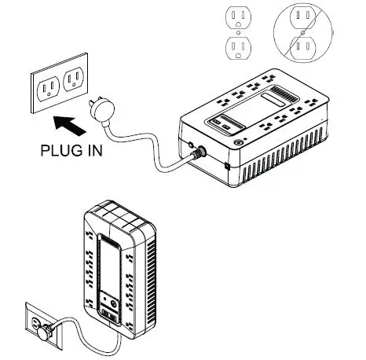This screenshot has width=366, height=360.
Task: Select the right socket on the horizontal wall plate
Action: click(x=74, y=79)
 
